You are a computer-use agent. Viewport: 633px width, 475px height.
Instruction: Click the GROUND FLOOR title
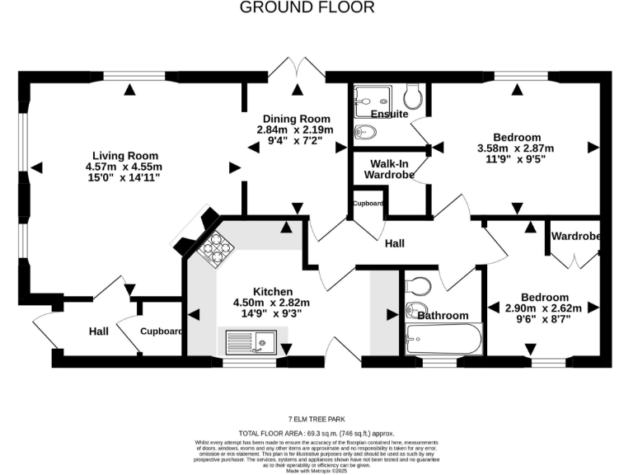click(307, 8)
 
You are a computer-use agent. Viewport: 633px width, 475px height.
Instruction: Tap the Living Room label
click(124, 155)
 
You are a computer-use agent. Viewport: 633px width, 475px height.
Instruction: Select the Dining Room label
click(295, 119)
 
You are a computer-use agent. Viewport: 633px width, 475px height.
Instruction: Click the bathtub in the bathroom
click(443, 339)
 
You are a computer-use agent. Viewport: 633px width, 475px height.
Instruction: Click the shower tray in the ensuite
click(371, 100)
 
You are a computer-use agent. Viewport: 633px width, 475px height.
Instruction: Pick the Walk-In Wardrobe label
click(388, 168)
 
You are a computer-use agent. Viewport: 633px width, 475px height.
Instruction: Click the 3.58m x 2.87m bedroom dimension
click(517, 148)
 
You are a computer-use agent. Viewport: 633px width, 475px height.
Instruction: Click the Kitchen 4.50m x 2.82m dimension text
click(273, 303)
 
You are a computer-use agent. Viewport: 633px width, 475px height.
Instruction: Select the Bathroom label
click(442, 315)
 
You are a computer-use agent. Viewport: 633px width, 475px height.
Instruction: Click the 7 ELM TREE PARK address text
click(316, 418)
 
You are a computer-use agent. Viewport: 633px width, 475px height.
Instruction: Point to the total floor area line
click(316, 432)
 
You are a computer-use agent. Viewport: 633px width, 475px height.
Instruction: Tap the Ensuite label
click(389, 114)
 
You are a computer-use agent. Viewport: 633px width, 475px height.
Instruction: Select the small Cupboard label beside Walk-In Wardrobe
click(367, 203)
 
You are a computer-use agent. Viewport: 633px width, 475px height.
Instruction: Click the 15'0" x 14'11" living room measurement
click(124, 177)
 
